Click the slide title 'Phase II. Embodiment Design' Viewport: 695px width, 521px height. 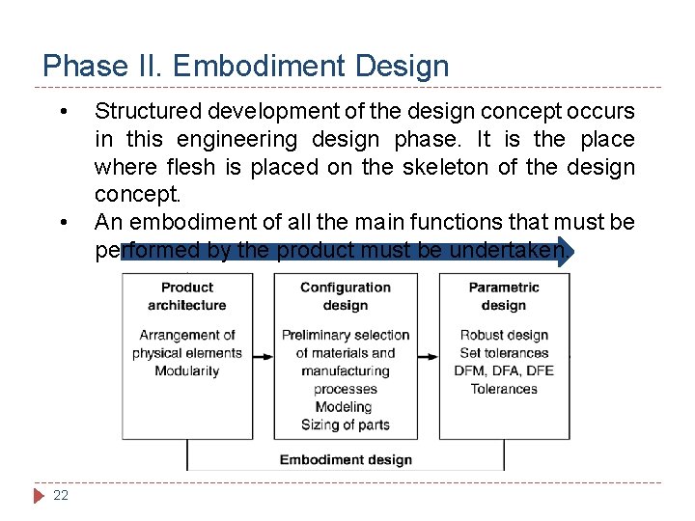[246, 66]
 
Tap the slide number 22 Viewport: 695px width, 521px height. [61, 495]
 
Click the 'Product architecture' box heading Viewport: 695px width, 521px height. [187, 296]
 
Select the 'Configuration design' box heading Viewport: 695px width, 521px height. [346, 296]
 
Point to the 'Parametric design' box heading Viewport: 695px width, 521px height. [503, 296]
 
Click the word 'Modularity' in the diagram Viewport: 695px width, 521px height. [187, 371]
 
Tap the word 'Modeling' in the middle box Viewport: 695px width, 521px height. [344, 407]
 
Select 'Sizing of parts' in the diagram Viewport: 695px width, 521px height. [346, 425]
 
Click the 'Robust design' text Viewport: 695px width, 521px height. [504, 336]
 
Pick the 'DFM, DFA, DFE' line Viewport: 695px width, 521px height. [504, 371]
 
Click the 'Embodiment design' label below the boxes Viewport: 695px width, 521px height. [346, 459]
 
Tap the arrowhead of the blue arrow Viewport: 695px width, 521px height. [566, 251]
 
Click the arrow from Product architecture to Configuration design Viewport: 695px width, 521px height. [263, 356]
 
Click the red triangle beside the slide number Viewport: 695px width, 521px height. [39, 496]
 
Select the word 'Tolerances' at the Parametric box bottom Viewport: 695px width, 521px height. [504, 390]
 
